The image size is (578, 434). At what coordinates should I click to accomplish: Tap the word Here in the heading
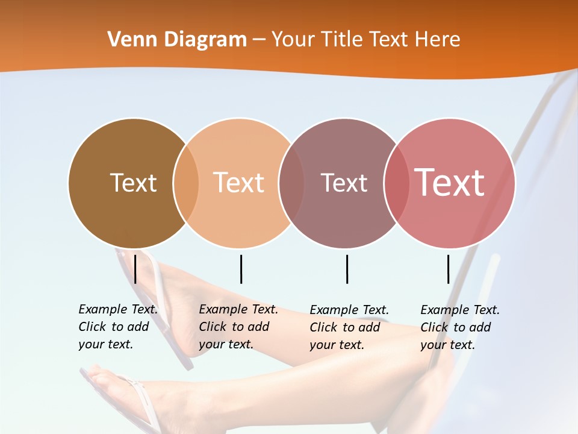(x=438, y=40)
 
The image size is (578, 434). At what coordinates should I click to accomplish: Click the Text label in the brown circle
(x=133, y=183)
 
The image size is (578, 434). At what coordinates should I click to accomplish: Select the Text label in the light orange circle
(x=239, y=183)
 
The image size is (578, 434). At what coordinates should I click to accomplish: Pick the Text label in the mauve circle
(x=344, y=183)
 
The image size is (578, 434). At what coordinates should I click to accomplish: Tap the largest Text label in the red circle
(x=450, y=183)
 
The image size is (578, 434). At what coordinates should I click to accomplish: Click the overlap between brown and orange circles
(x=186, y=183)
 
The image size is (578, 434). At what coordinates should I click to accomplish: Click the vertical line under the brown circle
(x=135, y=269)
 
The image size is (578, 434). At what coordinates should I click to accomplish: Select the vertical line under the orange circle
(x=241, y=269)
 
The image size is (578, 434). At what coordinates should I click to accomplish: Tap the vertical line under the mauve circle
(x=347, y=269)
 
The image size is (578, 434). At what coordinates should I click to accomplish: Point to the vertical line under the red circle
(x=449, y=269)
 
